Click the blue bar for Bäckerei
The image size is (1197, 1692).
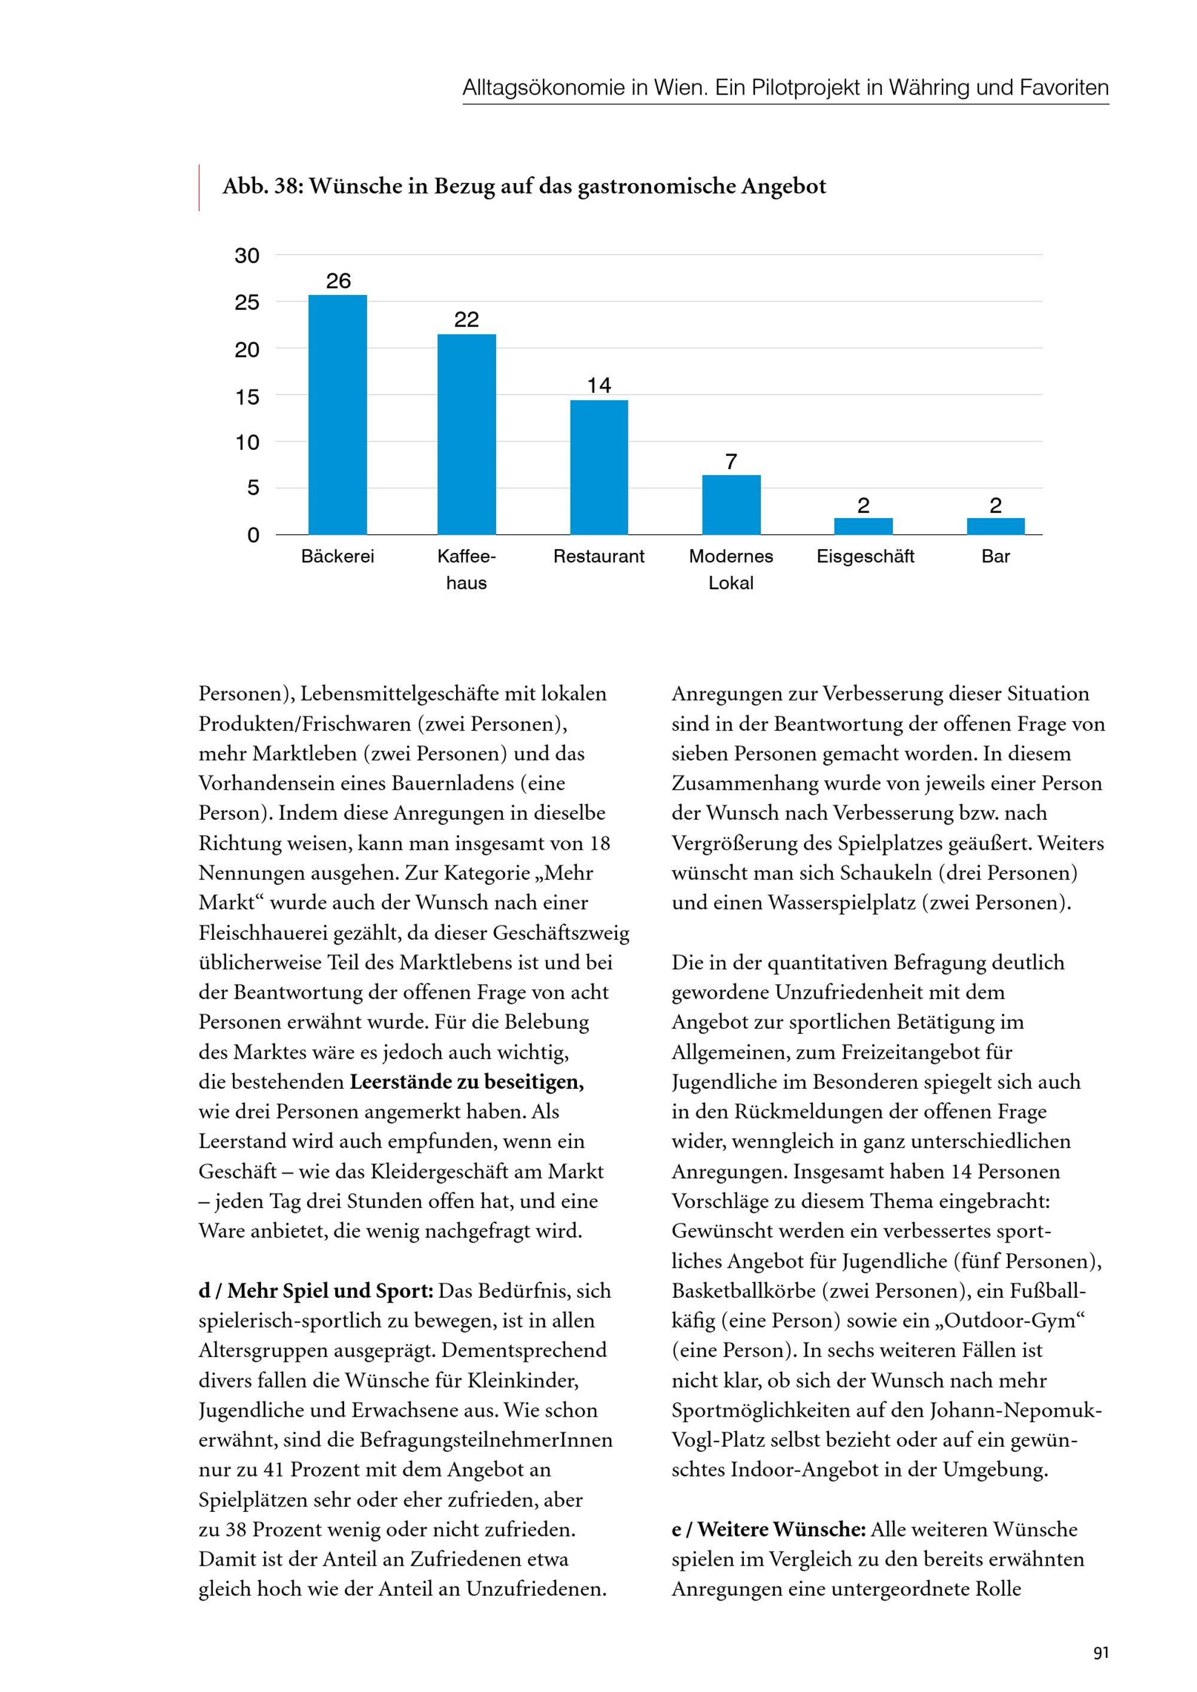coord(338,414)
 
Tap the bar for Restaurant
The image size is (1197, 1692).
coord(598,467)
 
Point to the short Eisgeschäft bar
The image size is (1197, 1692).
coord(863,526)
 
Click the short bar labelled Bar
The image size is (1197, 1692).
coord(995,526)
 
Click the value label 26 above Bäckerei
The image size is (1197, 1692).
coord(338,281)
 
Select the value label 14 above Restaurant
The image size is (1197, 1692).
coord(598,385)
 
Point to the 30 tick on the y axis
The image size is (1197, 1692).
coord(247,255)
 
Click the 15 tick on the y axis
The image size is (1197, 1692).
coord(247,397)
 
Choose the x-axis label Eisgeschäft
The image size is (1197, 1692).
coord(865,556)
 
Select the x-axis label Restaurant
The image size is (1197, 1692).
coord(598,556)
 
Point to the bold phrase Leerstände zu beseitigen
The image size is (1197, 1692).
coord(466,1082)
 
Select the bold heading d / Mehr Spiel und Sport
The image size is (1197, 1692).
coord(315,1291)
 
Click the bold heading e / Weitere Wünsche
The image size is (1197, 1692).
coord(768,1529)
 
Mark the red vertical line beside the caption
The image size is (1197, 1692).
coord(199,188)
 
